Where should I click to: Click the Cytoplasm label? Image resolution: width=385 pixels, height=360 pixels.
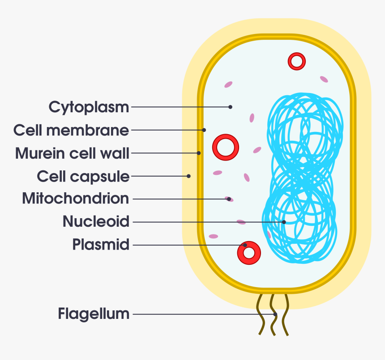(89, 107)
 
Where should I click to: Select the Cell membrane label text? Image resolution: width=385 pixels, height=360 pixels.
(71, 131)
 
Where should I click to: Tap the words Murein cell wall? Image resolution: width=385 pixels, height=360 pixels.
(73, 153)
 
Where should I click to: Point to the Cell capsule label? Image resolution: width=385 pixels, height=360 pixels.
(83, 176)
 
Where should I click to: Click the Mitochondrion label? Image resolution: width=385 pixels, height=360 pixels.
(76, 199)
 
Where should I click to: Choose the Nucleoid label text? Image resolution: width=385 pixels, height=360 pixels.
(96, 221)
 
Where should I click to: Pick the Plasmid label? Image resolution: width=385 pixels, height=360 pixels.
(101, 245)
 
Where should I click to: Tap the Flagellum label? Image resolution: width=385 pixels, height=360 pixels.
(94, 314)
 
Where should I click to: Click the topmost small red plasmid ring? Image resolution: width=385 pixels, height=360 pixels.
(296, 61)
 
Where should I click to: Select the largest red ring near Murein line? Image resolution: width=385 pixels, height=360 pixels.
(226, 148)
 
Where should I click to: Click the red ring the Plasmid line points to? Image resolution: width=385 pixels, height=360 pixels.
(249, 253)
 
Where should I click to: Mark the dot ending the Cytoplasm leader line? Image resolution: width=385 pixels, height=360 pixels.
(230, 107)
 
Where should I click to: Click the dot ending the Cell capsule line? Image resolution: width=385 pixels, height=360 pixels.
(189, 176)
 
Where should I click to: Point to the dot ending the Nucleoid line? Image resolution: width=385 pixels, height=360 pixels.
(284, 222)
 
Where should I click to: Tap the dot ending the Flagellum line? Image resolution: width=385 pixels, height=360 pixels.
(275, 314)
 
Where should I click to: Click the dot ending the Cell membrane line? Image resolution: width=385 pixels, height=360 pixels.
(204, 130)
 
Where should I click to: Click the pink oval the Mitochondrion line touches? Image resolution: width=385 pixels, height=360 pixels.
(229, 199)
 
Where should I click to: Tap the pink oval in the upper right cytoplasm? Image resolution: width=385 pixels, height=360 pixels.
(324, 79)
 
